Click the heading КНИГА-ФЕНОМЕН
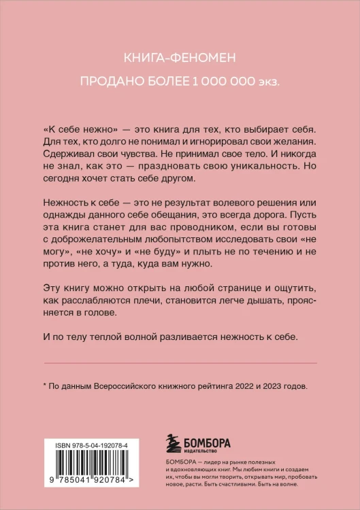click(x=180, y=60)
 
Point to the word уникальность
click(x=262, y=167)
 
